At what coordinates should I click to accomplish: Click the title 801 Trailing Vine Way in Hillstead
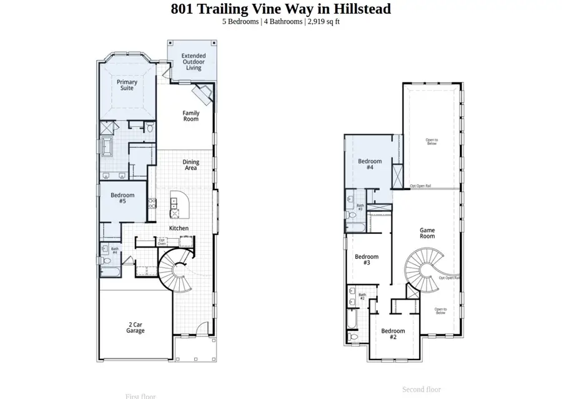tap(280, 9)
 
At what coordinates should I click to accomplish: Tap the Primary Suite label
tap(127, 84)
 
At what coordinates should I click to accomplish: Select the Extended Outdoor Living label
tap(194, 61)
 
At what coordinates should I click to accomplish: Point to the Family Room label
tap(191, 116)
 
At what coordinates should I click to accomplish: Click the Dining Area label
tap(191, 165)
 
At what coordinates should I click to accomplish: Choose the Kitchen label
tap(179, 228)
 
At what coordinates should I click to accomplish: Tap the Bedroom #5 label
tap(122, 198)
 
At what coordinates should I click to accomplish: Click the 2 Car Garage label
tap(136, 327)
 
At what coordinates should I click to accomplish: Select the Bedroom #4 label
tap(370, 164)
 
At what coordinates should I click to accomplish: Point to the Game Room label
tap(427, 233)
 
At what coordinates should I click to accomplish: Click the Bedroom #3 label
tap(367, 260)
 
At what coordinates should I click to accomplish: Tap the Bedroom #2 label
tap(393, 334)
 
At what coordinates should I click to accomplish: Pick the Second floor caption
tap(421, 390)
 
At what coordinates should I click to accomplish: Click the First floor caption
tap(140, 396)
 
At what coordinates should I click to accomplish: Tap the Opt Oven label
tap(162, 241)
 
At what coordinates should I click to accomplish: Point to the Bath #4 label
tap(115, 250)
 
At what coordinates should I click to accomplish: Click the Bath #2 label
tap(362, 296)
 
